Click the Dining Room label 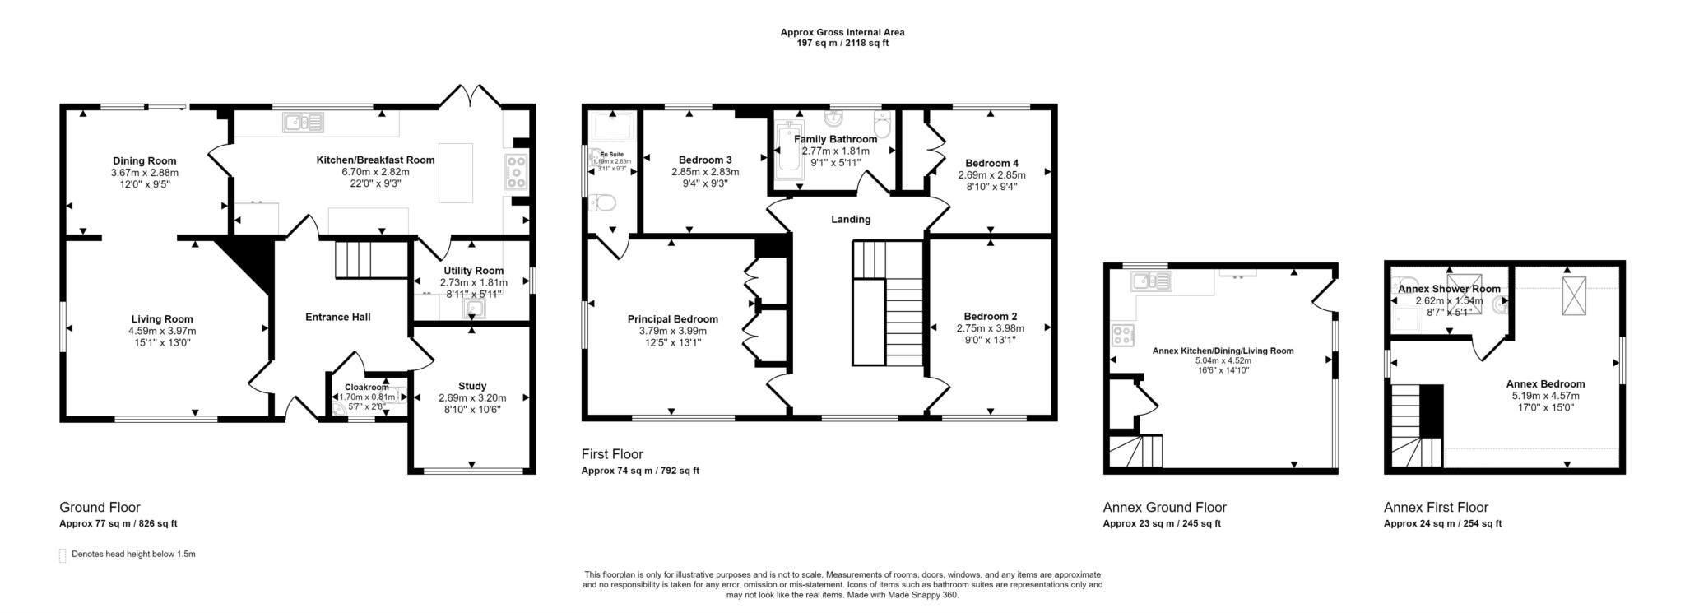pyautogui.click(x=144, y=160)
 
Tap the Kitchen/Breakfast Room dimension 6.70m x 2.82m pyautogui.click(x=375, y=172)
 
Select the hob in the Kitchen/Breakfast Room pyautogui.click(x=516, y=173)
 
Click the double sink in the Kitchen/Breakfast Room pyautogui.click(x=304, y=123)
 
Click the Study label pyautogui.click(x=471, y=386)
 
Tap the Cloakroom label pyautogui.click(x=366, y=387)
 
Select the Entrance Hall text pyautogui.click(x=337, y=317)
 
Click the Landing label pyautogui.click(x=850, y=219)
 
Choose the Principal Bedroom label pyautogui.click(x=672, y=319)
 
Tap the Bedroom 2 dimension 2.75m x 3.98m pyautogui.click(x=990, y=327)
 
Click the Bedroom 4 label pyautogui.click(x=991, y=163)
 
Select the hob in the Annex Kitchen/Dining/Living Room pyautogui.click(x=1121, y=336)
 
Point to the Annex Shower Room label pyautogui.click(x=1448, y=289)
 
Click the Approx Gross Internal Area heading pyautogui.click(x=842, y=32)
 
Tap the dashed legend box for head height pyautogui.click(x=63, y=555)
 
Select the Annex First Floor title pyautogui.click(x=1435, y=507)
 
